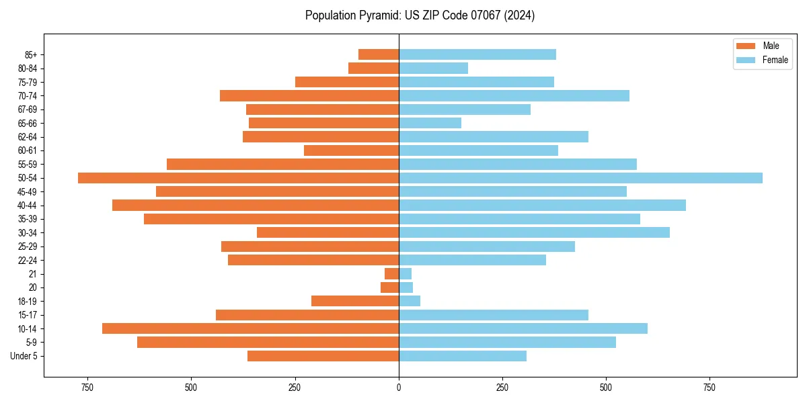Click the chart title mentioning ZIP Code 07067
[420, 15]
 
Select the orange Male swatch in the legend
[746, 46]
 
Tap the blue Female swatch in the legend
[746, 60]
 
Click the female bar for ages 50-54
[580, 178]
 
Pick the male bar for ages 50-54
[238, 178]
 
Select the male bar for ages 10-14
[250, 328]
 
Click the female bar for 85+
[477, 54]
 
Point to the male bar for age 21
[391, 274]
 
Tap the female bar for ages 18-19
[410, 301]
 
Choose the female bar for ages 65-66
[430, 123]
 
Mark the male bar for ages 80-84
[373, 68]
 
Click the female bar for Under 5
[463, 356]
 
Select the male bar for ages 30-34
[328, 232]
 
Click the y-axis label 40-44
[27, 206]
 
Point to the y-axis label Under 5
[24, 356]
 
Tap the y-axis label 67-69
[27, 109]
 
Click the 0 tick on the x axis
[399, 388]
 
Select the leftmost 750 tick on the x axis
[87, 388]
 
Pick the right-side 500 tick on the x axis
[606, 388]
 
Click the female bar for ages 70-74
[514, 95]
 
